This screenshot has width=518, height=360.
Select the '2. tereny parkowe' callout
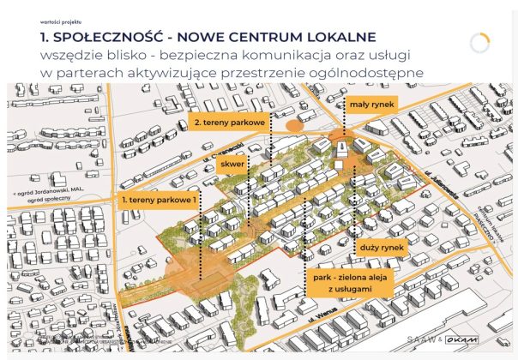(x=228, y=122)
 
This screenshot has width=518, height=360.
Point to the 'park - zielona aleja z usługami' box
(x=348, y=285)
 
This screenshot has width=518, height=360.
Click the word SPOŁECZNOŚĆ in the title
(x=122, y=38)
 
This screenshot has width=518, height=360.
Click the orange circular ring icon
(x=481, y=43)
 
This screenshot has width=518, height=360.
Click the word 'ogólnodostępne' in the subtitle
(x=370, y=73)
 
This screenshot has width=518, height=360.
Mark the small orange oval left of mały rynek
(x=293, y=126)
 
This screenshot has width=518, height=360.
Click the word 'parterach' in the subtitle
(x=88, y=73)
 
